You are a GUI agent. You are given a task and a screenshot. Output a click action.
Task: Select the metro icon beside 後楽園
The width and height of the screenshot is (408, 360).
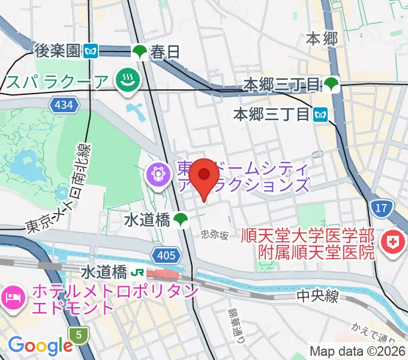point(91,52)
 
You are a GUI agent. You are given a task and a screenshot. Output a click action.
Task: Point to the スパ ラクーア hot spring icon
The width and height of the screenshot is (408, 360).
point(127,80)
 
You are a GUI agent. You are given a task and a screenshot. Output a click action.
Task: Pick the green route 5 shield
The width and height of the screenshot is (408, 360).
point(78,334)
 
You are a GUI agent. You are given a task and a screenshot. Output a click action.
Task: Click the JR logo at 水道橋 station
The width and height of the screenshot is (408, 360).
point(137,272)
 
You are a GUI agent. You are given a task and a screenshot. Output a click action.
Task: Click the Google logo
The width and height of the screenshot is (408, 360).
point(40,345)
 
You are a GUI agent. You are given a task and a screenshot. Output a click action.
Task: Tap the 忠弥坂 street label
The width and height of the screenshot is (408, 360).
point(215,235)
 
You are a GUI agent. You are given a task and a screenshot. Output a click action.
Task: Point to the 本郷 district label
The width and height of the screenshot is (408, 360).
point(322,39)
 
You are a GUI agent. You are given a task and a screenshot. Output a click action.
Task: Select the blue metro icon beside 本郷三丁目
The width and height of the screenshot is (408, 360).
point(320,113)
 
